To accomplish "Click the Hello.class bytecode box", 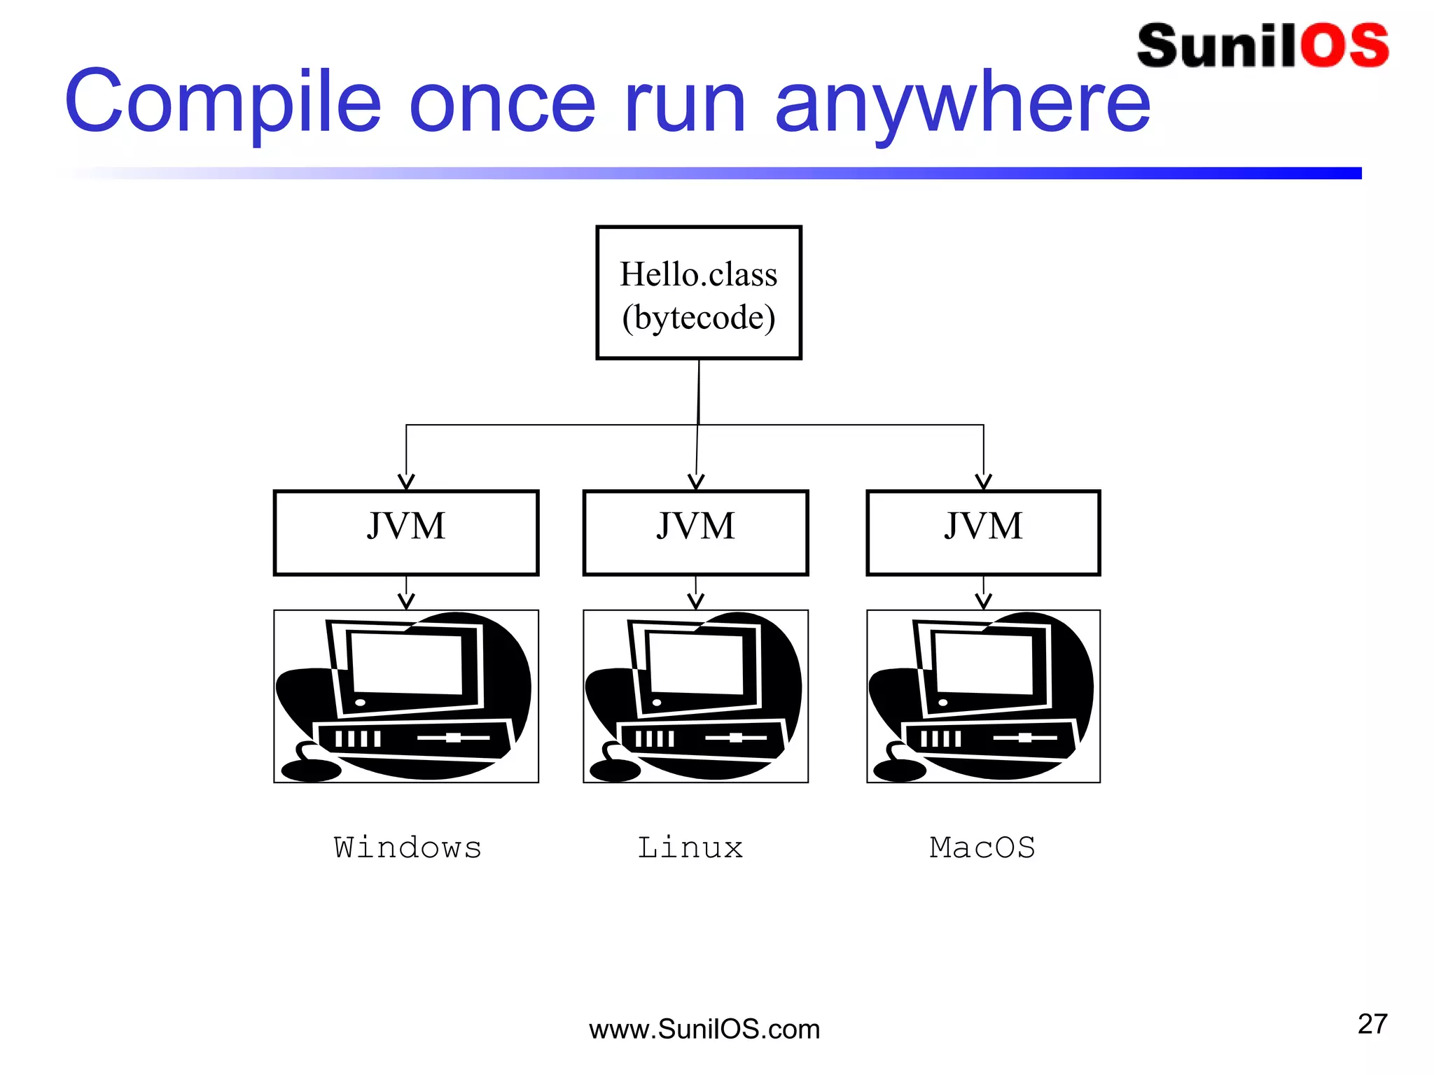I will click(698, 293).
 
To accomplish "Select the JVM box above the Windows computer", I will click(406, 533).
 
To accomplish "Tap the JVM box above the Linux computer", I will click(695, 533).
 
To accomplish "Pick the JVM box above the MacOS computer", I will click(983, 533).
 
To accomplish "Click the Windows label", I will click(408, 848).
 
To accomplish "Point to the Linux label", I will click(690, 848).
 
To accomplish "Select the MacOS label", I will click(982, 848).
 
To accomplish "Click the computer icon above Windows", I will click(406, 696).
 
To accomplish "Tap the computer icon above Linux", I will click(695, 696).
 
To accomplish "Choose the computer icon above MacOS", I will click(983, 696).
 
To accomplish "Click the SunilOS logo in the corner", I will click(1262, 46).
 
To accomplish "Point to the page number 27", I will click(1372, 1024).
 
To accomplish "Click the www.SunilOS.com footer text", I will click(704, 1030).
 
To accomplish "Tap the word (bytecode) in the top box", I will click(699, 318).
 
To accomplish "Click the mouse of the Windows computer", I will click(311, 770).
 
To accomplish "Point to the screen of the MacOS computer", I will click(984, 663).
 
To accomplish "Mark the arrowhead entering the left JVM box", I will click(406, 482).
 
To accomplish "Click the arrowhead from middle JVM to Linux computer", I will click(695, 601).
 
